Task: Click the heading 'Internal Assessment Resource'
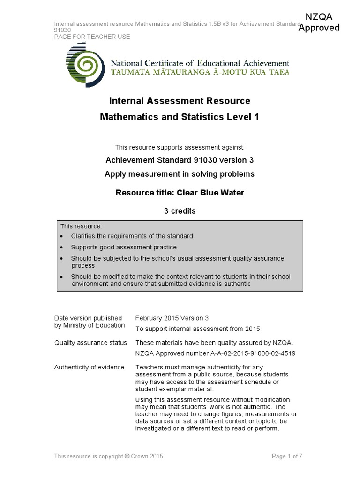180,101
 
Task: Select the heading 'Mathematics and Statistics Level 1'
180,117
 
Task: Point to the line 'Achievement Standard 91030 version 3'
180,160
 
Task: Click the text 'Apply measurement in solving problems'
180,174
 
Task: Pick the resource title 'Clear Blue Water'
180,192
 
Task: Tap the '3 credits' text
180,211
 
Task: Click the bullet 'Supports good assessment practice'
124,247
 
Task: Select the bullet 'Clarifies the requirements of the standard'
132,236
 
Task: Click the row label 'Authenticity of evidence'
90,367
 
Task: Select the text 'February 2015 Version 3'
172,318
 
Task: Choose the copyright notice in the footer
109,456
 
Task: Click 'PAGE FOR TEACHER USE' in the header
92,37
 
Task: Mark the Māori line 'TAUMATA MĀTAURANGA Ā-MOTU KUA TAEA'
199,72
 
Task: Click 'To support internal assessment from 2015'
197,329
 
